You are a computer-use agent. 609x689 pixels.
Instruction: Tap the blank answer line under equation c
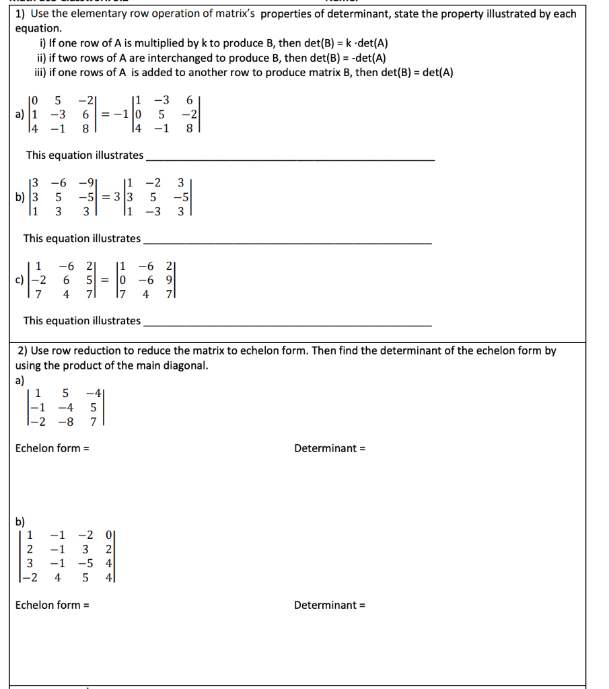point(287,326)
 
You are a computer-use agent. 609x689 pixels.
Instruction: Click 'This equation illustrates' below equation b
point(82,238)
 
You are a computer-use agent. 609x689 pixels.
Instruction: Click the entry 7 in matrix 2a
point(94,421)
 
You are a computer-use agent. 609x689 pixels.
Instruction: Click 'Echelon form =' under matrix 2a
point(52,448)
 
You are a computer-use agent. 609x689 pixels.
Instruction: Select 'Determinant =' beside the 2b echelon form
point(329,605)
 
